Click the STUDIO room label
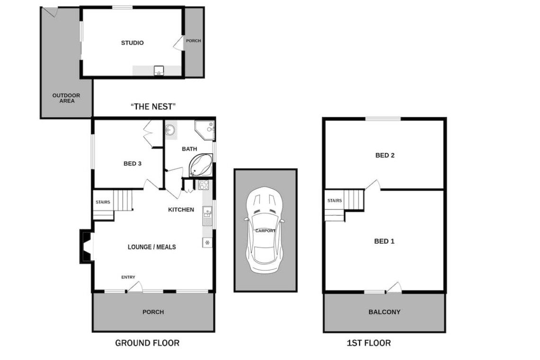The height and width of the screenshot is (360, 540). (x=132, y=43)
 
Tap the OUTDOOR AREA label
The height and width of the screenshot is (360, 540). (x=66, y=98)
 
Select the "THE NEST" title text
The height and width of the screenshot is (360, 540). (x=153, y=107)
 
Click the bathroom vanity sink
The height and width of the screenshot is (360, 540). (x=170, y=130)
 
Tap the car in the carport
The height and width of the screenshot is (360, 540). (x=264, y=230)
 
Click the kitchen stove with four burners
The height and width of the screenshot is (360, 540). (x=204, y=185)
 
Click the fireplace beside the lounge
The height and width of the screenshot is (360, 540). (x=86, y=246)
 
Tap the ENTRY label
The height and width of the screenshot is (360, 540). (x=128, y=277)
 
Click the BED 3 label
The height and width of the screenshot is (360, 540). (x=133, y=163)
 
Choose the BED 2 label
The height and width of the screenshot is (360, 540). (x=385, y=155)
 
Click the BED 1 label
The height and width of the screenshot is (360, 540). (x=384, y=242)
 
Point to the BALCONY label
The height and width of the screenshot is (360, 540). (x=384, y=312)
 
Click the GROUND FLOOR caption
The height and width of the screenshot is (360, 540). (x=147, y=343)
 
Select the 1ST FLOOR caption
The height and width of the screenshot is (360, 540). (x=369, y=343)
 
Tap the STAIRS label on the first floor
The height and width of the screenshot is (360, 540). (x=335, y=200)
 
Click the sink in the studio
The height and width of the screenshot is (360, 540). (x=159, y=71)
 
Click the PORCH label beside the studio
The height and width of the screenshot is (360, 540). (x=194, y=41)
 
